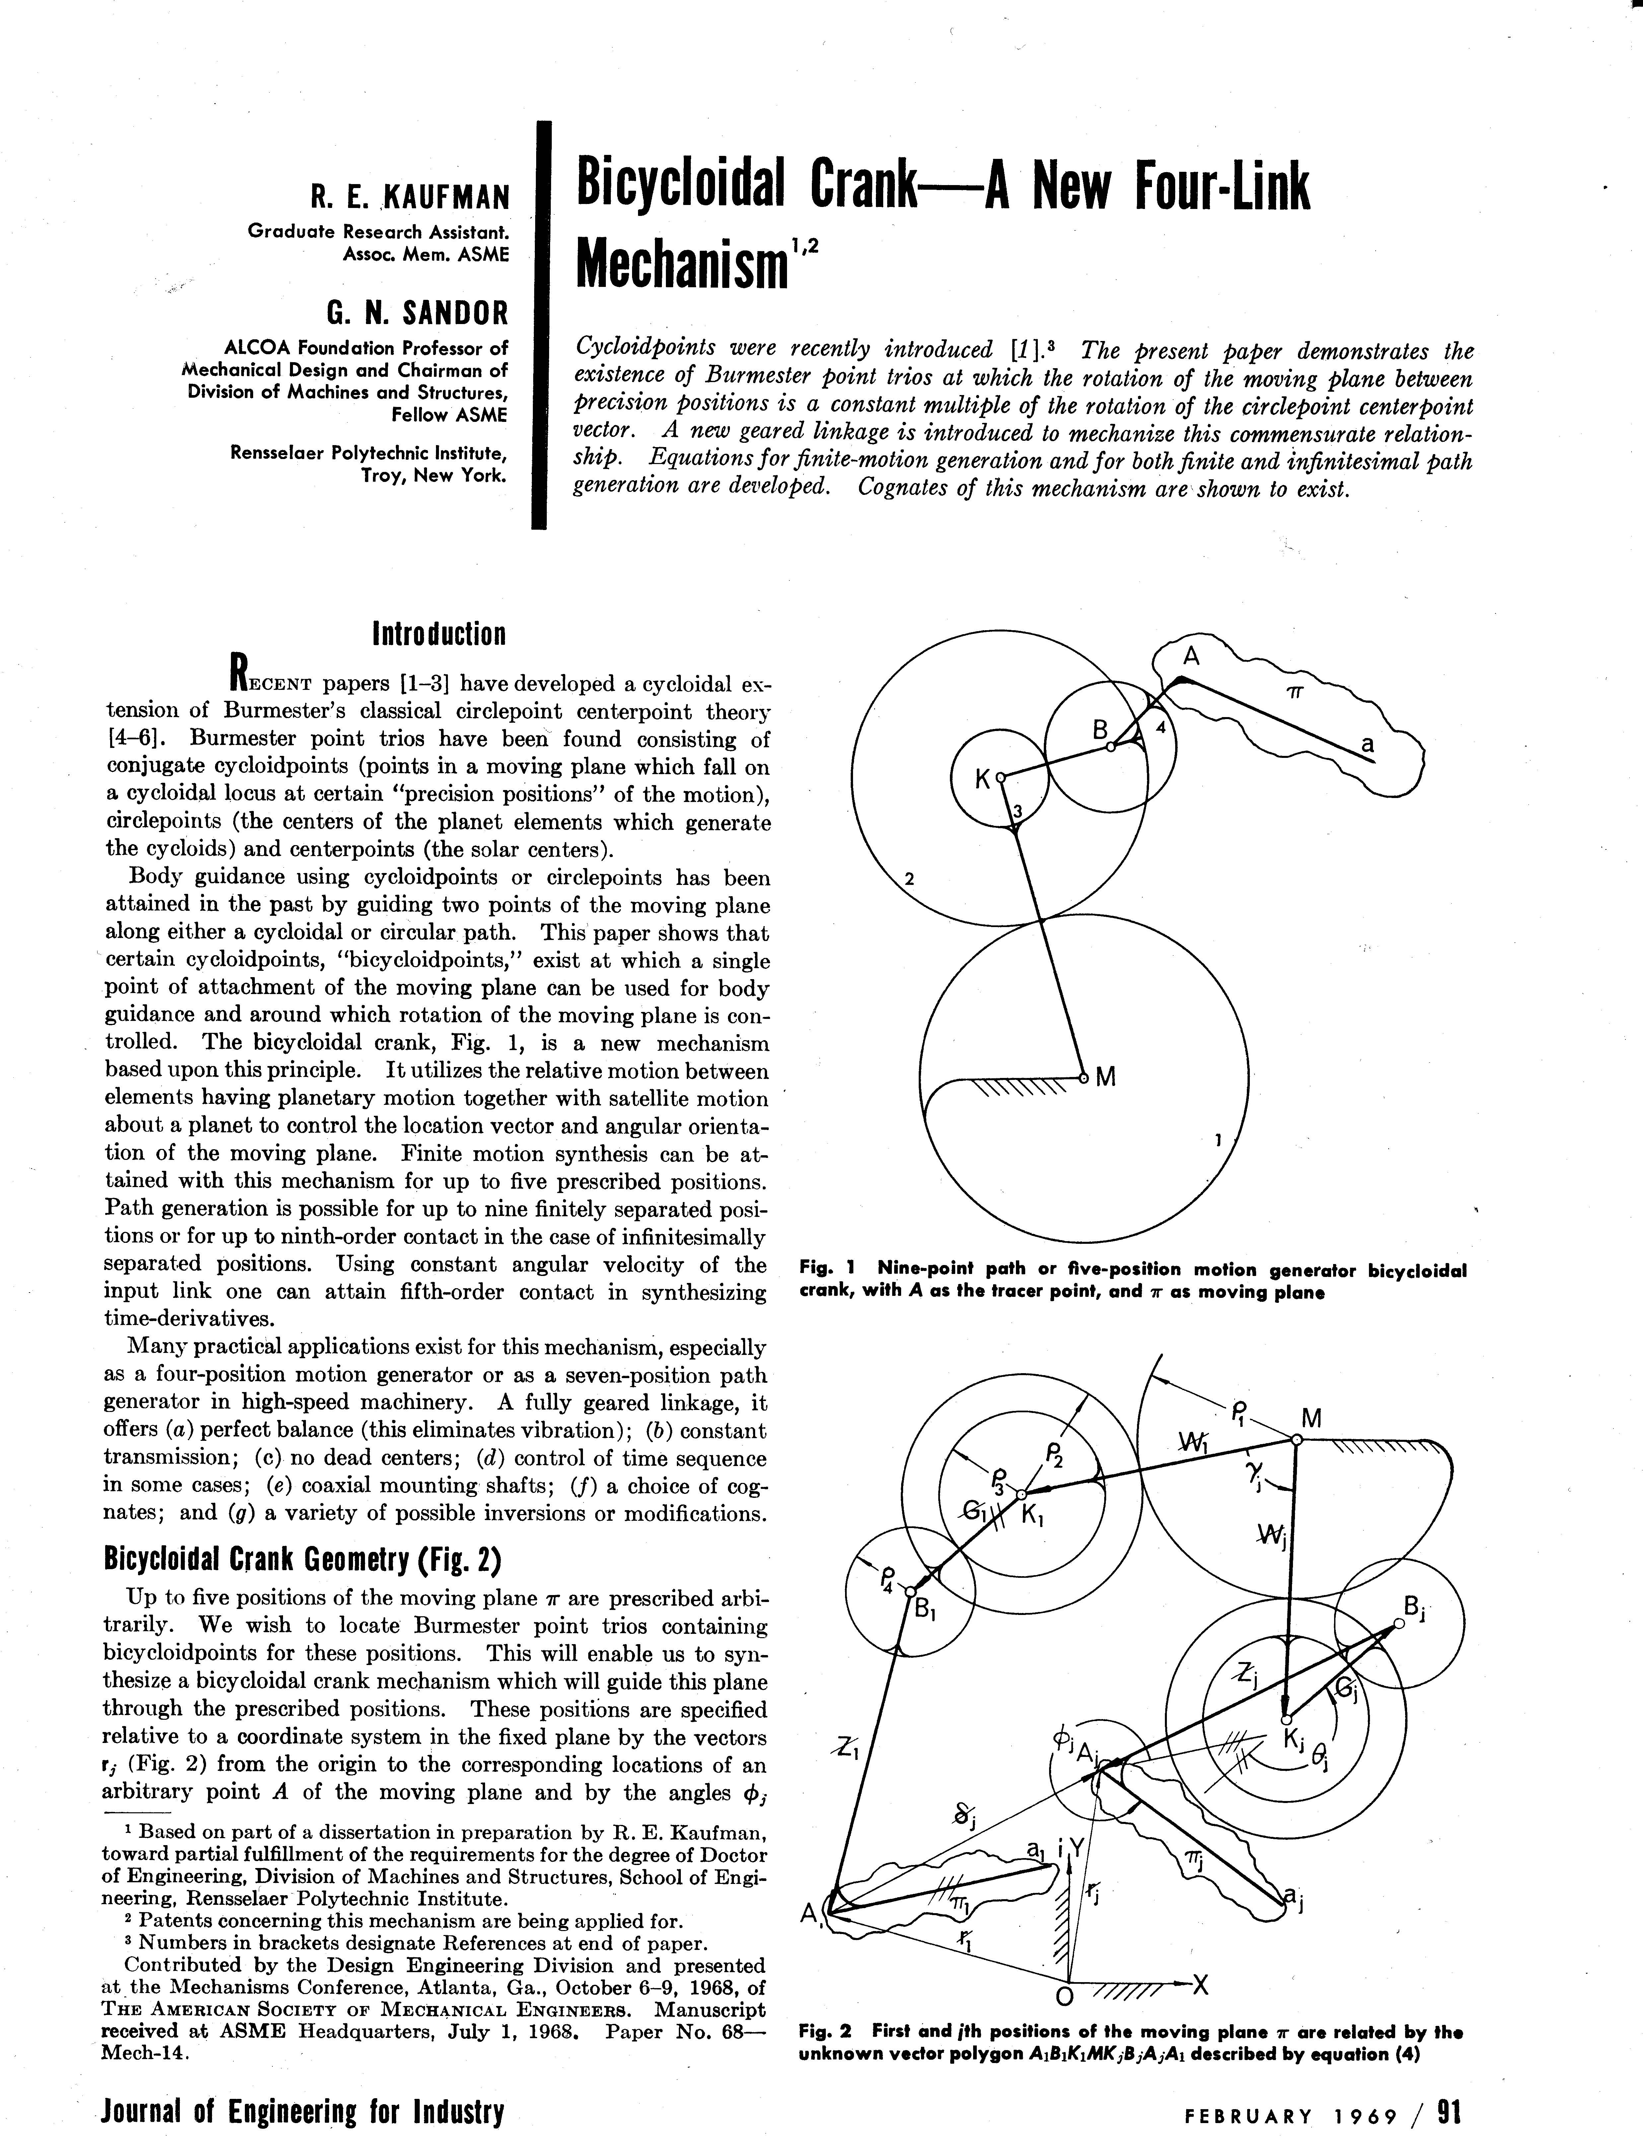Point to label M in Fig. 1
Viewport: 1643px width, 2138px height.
[x=1106, y=1077]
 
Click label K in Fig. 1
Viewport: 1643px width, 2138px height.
[x=982, y=779]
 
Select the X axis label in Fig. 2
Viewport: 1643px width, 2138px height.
[x=1201, y=1984]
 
